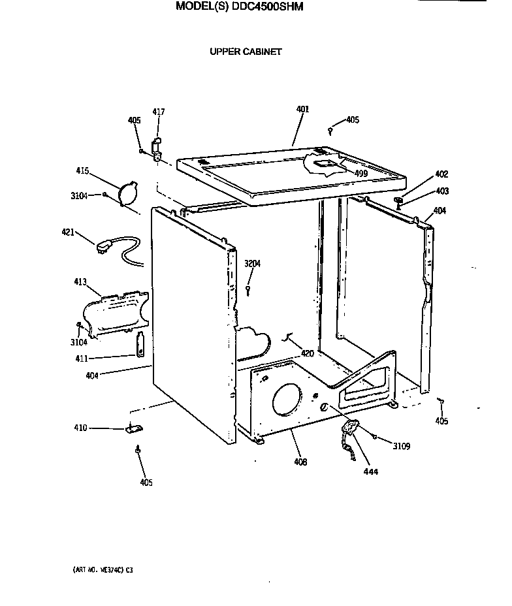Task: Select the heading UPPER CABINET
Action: click(x=246, y=52)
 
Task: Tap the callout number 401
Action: click(x=302, y=109)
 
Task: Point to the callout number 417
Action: click(x=159, y=112)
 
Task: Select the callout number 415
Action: click(x=82, y=170)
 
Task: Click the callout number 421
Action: click(x=68, y=233)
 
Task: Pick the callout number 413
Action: click(x=80, y=282)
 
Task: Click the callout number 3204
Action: click(x=252, y=264)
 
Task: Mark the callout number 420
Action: click(x=307, y=353)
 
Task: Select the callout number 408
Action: click(x=300, y=462)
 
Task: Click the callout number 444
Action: click(x=370, y=471)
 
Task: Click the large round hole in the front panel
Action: click(x=285, y=398)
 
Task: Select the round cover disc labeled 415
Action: click(x=128, y=193)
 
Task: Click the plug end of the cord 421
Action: click(x=103, y=247)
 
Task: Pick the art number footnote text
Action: click(x=103, y=569)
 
